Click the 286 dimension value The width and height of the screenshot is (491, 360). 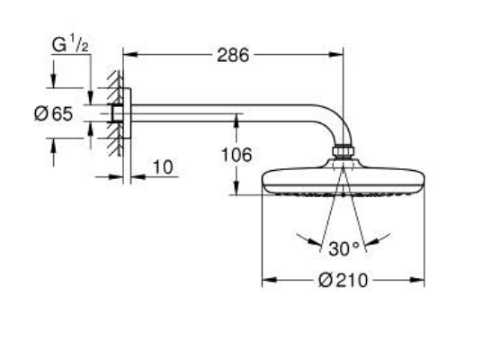233,56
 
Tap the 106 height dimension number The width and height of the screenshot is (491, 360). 237,155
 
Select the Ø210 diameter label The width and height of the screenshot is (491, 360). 343,281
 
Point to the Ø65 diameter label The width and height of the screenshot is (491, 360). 53,113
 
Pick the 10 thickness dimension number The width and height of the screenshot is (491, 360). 163,167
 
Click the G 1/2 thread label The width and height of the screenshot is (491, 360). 70,44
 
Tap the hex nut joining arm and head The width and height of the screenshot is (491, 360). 344,151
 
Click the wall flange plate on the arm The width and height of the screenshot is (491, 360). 127,113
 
